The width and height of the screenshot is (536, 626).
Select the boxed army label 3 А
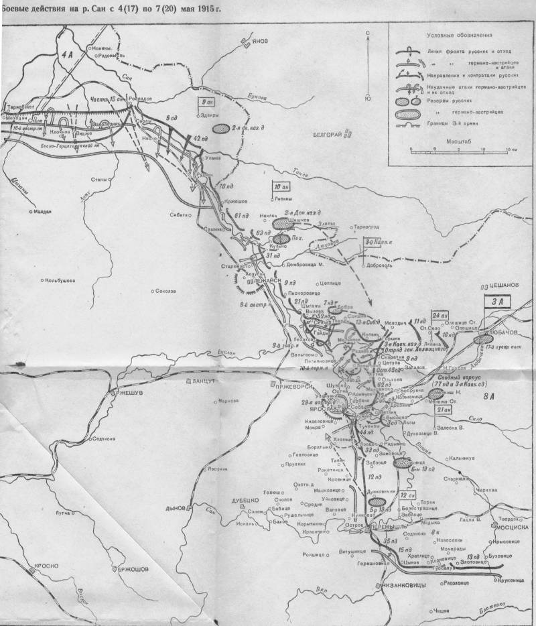(498, 302)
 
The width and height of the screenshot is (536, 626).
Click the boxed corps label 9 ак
(207, 103)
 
